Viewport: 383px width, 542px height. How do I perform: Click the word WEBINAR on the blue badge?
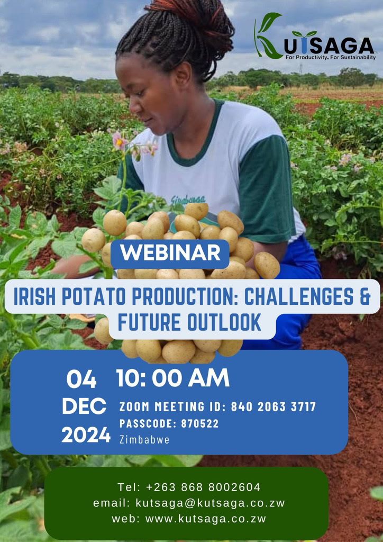[170, 254]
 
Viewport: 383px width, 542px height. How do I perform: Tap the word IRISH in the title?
[33, 297]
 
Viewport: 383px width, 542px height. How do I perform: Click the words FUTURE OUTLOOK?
[189, 322]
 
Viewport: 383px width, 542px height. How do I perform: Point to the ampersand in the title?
[365, 297]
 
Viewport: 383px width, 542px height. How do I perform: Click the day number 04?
[81, 379]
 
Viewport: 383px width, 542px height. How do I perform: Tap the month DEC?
[84, 406]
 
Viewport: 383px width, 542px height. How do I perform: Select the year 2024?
[86, 435]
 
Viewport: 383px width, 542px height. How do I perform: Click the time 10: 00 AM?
[173, 378]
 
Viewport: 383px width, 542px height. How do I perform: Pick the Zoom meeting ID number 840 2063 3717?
[273, 407]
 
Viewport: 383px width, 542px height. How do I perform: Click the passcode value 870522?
[200, 424]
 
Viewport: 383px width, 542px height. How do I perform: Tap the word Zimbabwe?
[144, 440]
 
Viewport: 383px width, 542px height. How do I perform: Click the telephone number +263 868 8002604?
[203, 487]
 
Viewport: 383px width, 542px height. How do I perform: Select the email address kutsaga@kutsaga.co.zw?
[211, 503]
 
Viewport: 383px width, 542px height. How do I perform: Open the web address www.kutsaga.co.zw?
[206, 519]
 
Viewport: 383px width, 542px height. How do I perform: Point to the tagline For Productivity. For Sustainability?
[331, 57]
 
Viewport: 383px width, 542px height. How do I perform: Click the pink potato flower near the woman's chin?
[120, 141]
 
